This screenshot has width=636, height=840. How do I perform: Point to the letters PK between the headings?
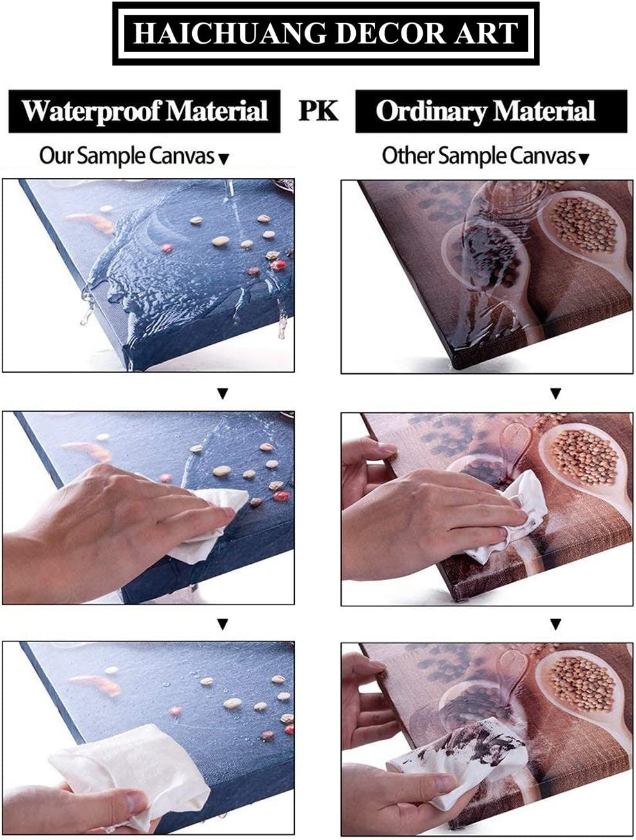pyautogui.click(x=318, y=110)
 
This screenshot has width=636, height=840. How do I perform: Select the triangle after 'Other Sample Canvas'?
pyautogui.click(x=583, y=159)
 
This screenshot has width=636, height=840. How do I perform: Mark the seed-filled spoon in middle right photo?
pyautogui.click(x=581, y=459)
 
